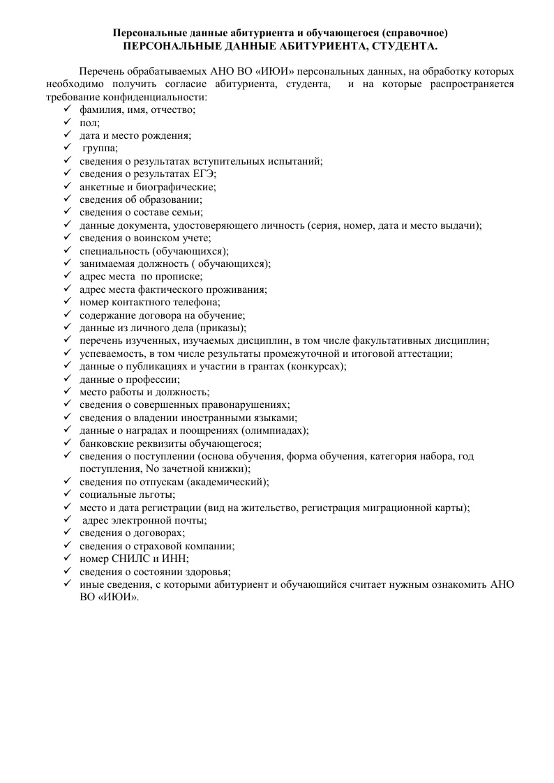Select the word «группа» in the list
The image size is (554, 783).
[x=100, y=148]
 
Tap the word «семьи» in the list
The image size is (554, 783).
[x=185, y=212]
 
